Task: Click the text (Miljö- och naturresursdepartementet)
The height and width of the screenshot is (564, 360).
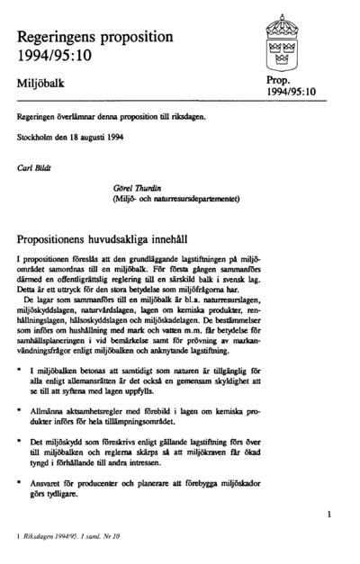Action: pyautogui.click(x=175, y=199)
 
